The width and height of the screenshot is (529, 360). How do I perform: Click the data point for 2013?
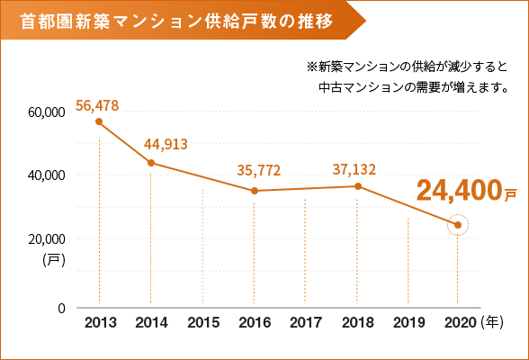[x=99, y=121]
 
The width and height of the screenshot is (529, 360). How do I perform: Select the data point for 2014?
[x=151, y=163]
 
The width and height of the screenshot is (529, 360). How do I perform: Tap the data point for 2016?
[x=255, y=191]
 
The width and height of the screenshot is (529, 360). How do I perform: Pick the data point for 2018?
[x=358, y=186]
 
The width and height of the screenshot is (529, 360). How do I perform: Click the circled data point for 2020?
[x=458, y=225]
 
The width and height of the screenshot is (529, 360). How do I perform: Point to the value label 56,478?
[x=97, y=105]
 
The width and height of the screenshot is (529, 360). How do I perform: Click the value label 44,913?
[x=166, y=143]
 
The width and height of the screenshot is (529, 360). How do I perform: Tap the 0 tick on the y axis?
[x=61, y=308]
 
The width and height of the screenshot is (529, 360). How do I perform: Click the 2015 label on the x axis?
[x=203, y=321]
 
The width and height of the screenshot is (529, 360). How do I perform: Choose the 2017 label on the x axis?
[x=307, y=321]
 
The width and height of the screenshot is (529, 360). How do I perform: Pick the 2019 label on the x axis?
[x=408, y=321]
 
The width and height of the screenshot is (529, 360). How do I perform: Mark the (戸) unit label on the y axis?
[x=52, y=259]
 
